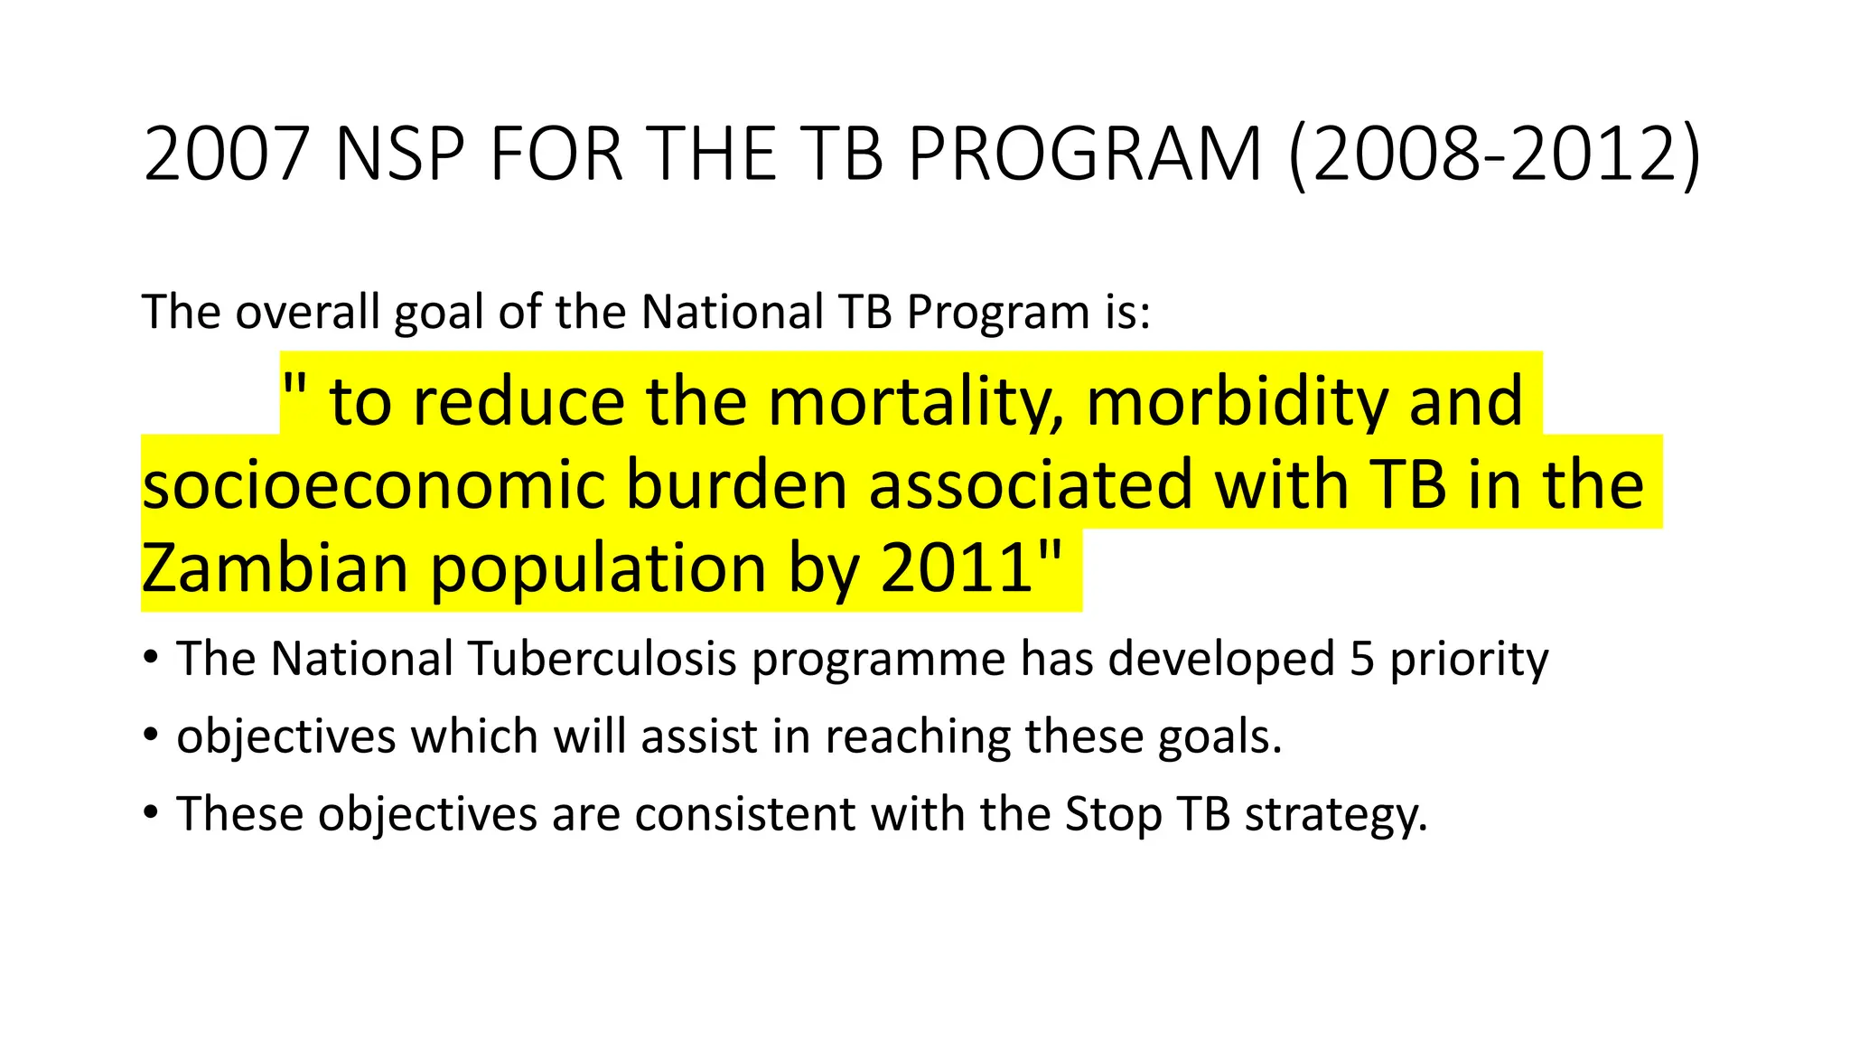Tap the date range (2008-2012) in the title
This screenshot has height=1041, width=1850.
[x=1495, y=155]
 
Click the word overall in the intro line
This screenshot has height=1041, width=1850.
[x=306, y=313]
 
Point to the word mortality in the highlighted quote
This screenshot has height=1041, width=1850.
[x=916, y=402]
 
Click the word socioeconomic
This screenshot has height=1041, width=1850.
[x=373, y=485]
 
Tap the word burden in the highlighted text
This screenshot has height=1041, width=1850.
[x=737, y=485]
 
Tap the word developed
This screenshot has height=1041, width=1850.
[x=1221, y=659]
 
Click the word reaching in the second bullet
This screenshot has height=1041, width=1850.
[x=917, y=736]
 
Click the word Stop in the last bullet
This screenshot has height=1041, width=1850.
[x=1113, y=814]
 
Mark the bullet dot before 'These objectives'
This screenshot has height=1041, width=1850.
[x=151, y=811]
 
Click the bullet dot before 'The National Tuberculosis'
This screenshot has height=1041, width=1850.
[x=151, y=656]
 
